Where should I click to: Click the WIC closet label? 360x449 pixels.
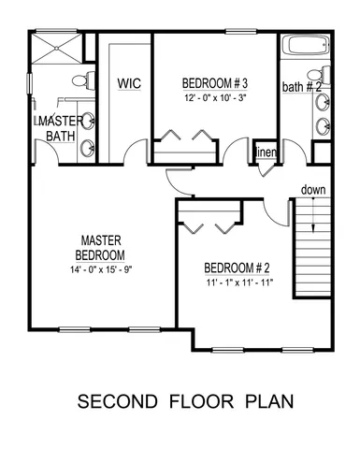click(128, 83)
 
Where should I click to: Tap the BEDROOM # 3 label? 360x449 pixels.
click(215, 82)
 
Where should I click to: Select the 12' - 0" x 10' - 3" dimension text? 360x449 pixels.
click(215, 95)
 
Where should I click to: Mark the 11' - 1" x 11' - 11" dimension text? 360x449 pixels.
click(238, 282)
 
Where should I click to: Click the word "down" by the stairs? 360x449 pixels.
click(313, 191)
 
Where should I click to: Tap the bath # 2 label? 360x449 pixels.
click(302, 88)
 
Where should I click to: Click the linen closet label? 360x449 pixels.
click(264, 152)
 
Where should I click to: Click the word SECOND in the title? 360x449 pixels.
click(115, 403)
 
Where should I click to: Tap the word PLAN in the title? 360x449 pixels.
click(270, 403)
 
